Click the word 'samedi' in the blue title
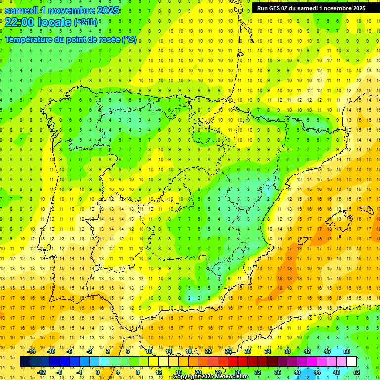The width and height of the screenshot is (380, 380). point(21,10)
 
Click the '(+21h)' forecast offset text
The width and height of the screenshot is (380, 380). point(86,22)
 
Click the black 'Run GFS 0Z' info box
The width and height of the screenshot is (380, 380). point(311,8)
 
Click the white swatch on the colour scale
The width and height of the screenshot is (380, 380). point(351,362)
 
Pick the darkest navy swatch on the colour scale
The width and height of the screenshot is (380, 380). point(25,362)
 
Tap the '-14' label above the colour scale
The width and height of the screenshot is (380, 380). point(31,351)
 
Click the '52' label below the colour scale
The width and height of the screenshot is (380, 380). point(357,372)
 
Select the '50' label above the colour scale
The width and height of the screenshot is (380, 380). point(346,351)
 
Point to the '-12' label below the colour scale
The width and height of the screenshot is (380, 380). point(41,372)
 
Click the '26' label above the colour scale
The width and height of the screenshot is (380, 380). point(228,351)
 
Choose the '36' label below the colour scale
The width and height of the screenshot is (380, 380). point(278,372)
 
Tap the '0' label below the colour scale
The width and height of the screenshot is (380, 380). point(98,372)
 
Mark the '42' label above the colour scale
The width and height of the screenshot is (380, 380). point(307,351)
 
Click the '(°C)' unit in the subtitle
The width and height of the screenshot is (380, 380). point(129,39)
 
